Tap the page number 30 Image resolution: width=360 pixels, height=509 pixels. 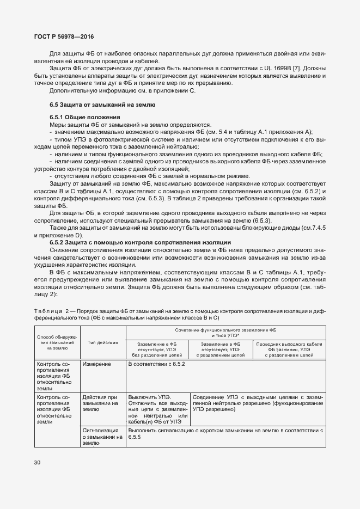[37, 462]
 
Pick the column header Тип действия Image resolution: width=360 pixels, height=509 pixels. [103, 342]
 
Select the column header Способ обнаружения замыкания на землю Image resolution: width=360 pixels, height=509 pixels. [57, 342]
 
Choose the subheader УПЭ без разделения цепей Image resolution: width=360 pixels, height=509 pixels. [157, 349]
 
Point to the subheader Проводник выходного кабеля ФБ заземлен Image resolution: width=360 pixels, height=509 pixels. [289, 349]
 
